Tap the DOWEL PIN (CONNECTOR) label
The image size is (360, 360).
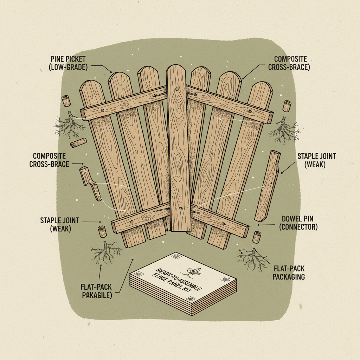(x=298, y=223)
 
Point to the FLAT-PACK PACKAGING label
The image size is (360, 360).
(x=289, y=273)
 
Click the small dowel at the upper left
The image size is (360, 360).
(x=66, y=101)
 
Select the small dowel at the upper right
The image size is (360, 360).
(x=288, y=106)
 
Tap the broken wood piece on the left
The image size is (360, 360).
(x=90, y=183)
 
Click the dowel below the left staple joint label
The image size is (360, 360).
(x=102, y=232)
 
